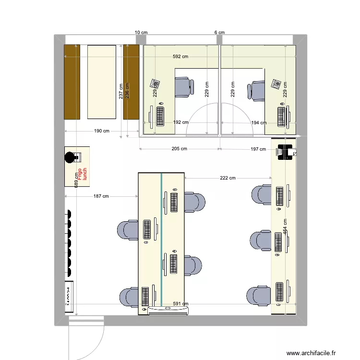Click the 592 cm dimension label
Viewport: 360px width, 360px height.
[x=180, y=57]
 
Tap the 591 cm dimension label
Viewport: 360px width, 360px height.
[x=180, y=304]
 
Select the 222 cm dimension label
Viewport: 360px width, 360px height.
[x=228, y=178]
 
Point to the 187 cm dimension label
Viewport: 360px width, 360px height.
[x=101, y=196]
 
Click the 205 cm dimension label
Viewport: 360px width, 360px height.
[x=179, y=149]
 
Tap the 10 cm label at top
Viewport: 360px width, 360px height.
[x=141, y=32]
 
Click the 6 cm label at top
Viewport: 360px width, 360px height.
[x=219, y=32]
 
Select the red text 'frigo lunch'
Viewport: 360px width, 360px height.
[x=83, y=173]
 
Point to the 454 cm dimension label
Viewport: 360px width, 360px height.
[x=285, y=227]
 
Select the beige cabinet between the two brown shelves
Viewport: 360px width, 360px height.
[x=101, y=81]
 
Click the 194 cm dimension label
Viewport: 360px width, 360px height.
[x=259, y=123]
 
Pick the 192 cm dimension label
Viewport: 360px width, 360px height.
[x=180, y=122]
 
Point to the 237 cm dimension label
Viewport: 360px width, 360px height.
[x=120, y=91]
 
